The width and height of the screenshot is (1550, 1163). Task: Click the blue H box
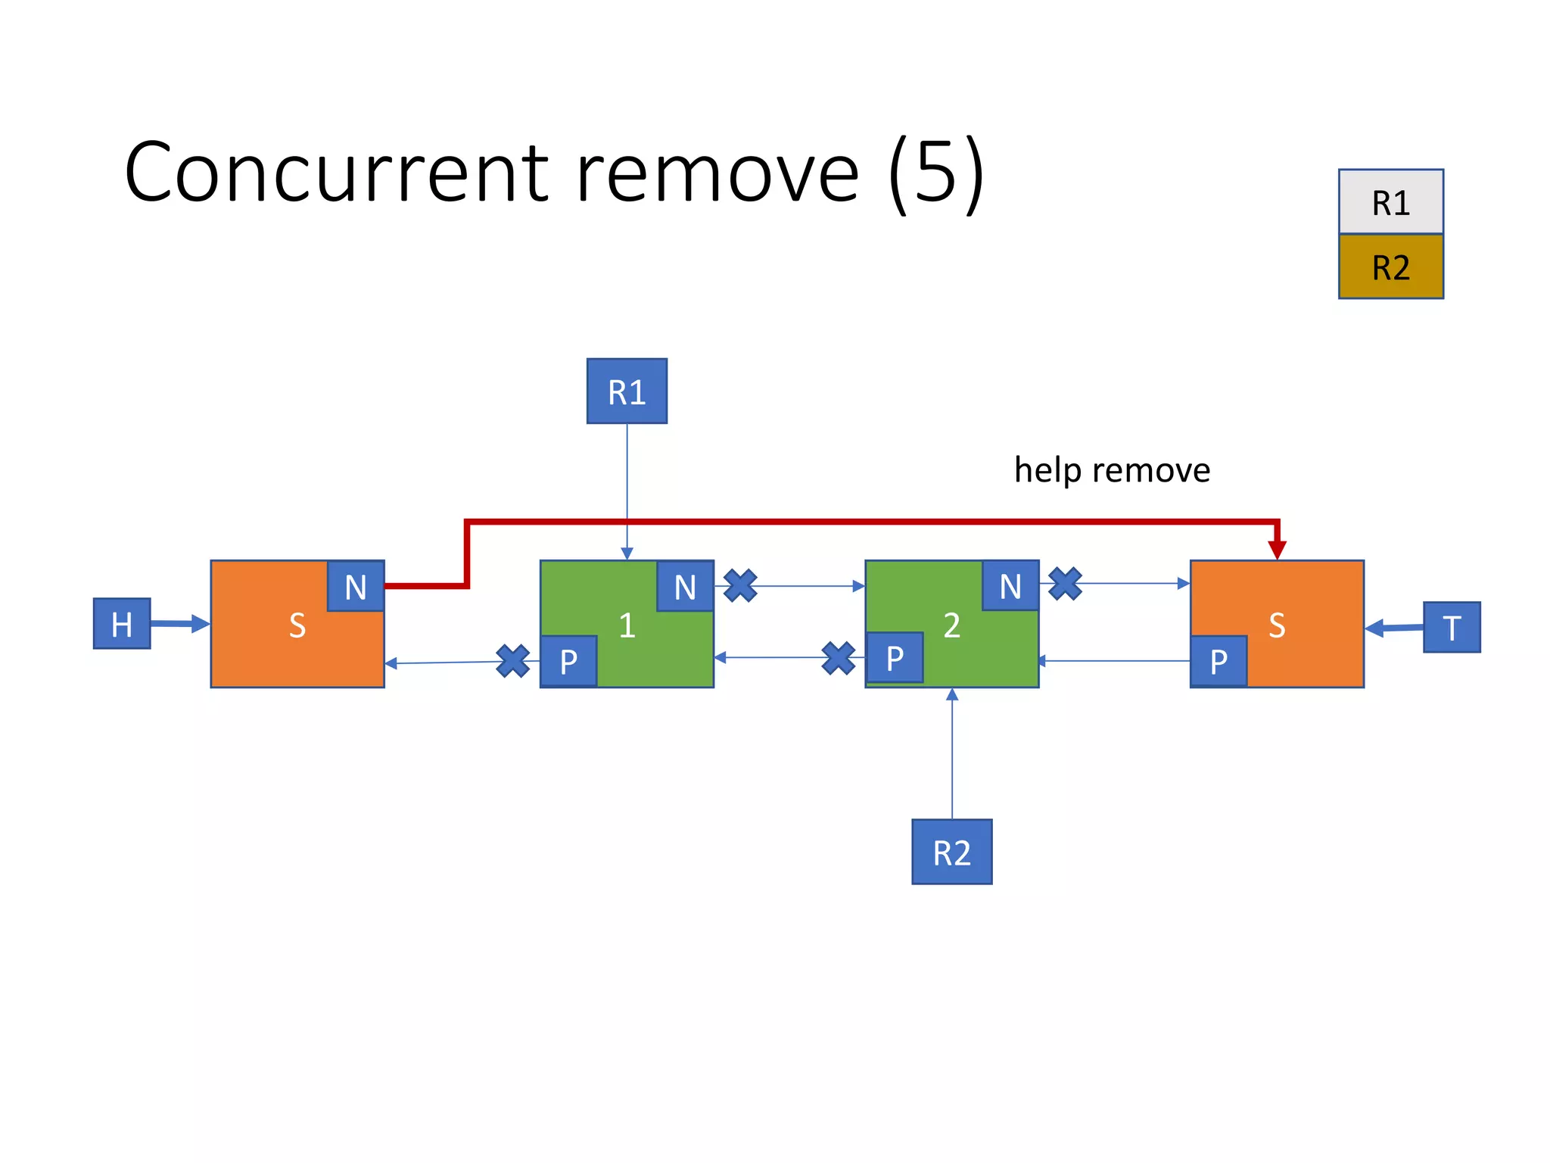point(122,624)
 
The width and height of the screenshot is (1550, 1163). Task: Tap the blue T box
point(1451,627)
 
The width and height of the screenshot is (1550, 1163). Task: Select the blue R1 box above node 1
point(627,391)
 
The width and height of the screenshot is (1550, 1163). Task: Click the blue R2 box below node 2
point(951,852)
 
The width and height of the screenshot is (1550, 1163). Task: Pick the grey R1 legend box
point(1390,202)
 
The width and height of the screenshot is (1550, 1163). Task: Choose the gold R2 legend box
point(1390,267)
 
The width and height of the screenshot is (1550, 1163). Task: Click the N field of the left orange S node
point(356,586)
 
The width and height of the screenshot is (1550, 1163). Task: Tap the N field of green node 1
point(685,586)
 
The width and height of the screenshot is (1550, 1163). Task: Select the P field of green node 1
point(568,661)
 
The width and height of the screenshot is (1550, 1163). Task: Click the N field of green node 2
point(1010,585)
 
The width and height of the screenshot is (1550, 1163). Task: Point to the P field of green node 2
point(894,658)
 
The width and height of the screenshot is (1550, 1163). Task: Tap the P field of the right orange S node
point(1219,661)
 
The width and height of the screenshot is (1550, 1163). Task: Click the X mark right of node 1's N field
point(740,585)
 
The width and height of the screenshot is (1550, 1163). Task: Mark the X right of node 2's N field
point(1065,584)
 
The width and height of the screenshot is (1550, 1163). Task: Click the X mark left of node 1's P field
point(512,661)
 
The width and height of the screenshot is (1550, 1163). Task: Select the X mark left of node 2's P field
point(838,658)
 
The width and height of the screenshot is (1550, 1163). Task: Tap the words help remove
point(1112,470)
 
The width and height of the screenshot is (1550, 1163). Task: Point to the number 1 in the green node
point(627,625)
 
